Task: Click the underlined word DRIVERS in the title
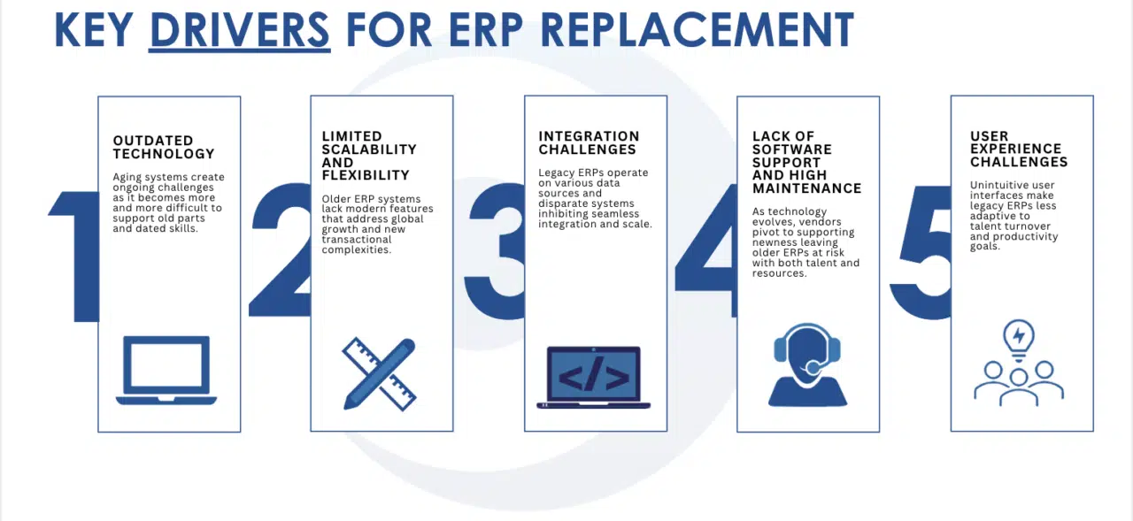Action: tap(240, 30)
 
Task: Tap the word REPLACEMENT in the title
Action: tap(697, 30)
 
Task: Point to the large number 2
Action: tap(280, 250)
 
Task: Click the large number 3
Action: tap(496, 251)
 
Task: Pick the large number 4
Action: tap(706, 251)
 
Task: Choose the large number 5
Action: tap(921, 253)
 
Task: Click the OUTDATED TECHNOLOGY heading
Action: tap(164, 147)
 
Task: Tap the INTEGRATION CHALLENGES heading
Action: tap(589, 143)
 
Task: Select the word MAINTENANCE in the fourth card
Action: tap(806, 188)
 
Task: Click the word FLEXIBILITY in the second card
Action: tap(366, 175)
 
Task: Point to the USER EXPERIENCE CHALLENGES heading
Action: tap(1019, 149)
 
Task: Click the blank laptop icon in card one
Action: tap(166, 371)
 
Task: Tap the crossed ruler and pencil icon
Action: tap(380, 374)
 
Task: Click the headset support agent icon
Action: tap(807, 364)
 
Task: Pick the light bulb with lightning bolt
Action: tap(1019, 339)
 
